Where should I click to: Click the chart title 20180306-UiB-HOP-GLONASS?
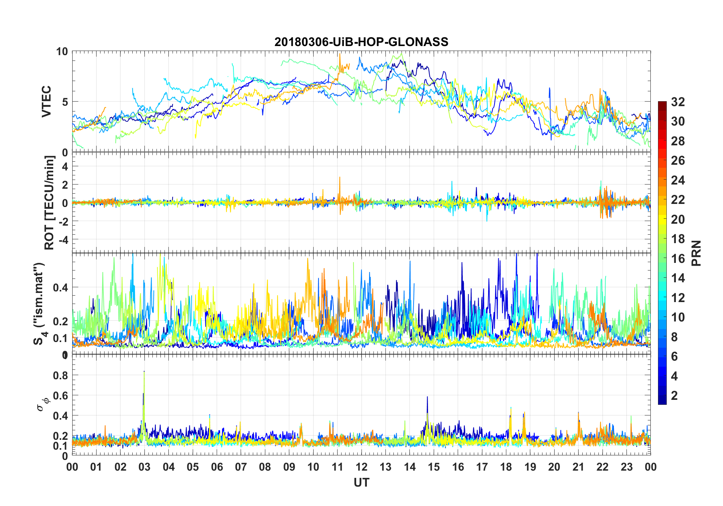point(361,42)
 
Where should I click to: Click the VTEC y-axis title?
point(46,101)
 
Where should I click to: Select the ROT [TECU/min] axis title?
point(49,202)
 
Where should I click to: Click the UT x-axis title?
point(361,482)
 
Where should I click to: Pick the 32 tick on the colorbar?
point(678,102)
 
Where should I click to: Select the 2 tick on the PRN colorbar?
point(674,395)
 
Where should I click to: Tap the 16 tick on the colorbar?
point(678,258)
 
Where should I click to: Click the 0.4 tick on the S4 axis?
point(60,287)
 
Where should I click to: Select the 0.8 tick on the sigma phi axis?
point(60,375)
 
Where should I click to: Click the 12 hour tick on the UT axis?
point(361,467)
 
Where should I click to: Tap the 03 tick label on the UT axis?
point(144,467)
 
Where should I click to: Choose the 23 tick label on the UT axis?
point(626,467)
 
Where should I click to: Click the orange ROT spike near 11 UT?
point(340,178)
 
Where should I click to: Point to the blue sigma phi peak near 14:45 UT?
point(427,398)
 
